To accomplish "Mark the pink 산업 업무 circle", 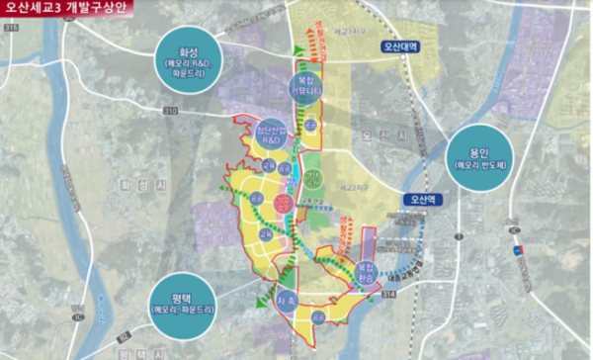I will coord(284,204).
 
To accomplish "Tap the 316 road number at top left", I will coord(11,28).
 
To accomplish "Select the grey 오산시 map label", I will coord(378,129).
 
